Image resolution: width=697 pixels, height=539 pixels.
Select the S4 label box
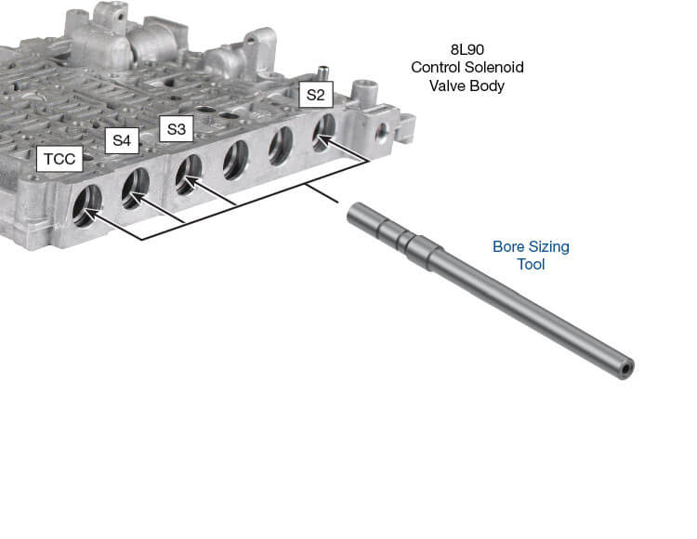(x=122, y=141)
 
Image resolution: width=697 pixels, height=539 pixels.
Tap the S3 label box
(x=175, y=128)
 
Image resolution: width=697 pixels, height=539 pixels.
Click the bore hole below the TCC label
(x=87, y=204)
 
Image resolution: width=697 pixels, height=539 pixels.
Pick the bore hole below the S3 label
(x=188, y=173)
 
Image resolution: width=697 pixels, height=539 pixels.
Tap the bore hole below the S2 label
(x=323, y=131)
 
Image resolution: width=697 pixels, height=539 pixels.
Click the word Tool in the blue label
(x=531, y=265)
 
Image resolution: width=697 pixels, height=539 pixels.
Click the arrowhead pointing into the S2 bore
(x=321, y=142)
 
